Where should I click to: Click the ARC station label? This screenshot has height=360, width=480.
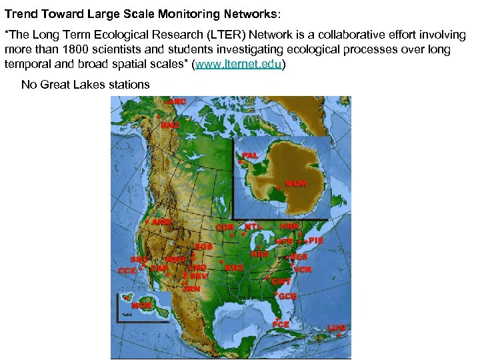(x=177, y=101)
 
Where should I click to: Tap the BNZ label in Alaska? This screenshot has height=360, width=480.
(x=170, y=125)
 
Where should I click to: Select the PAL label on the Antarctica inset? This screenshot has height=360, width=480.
(x=250, y=155)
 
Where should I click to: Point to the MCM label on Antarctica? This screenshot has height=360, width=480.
(x=295, y=183)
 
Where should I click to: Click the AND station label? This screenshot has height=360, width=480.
(x=161, y=221)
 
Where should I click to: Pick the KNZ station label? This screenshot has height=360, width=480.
(x=234, y=267)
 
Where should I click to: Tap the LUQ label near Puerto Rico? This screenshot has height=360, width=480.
(x=337, y=328)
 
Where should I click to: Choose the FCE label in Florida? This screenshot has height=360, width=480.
(x=281, y=324)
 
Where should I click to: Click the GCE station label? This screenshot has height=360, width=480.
(x=288, y=295)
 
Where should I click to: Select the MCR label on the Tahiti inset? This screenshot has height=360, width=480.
(x=141, y=305)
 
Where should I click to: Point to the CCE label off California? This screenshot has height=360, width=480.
(x=127, y=271)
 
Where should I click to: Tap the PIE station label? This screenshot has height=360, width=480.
(x=315, y=240)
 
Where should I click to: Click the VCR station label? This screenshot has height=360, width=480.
(x=303, y=269)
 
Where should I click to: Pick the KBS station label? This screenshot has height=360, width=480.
(x=259, y=254)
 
